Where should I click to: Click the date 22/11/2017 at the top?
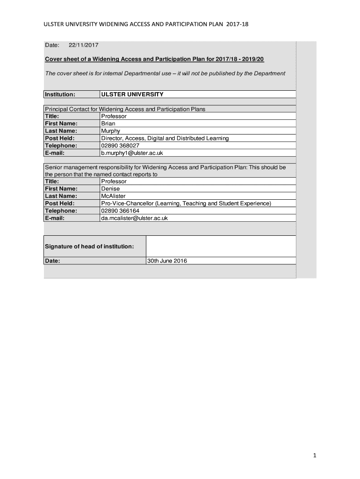(84, 45)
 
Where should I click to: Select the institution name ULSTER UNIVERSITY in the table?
(132, 94)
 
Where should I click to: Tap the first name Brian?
(108, 123)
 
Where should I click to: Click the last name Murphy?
(111, 131)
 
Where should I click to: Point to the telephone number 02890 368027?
(120, 145)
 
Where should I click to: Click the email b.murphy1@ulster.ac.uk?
(132, 153)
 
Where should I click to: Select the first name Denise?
(110, 189)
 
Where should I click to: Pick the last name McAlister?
(113, 196)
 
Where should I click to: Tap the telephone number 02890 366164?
(120, 210)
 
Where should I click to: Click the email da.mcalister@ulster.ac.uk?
(134, 218)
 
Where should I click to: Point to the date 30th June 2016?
(167, 261)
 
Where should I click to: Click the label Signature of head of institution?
(89, 247)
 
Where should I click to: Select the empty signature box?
(221, 246)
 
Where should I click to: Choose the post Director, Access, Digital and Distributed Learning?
(165, 138)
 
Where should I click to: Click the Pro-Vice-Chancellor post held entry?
(186, 203)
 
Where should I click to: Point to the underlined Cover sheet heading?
(154, 60)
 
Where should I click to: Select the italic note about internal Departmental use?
(165, 73)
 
